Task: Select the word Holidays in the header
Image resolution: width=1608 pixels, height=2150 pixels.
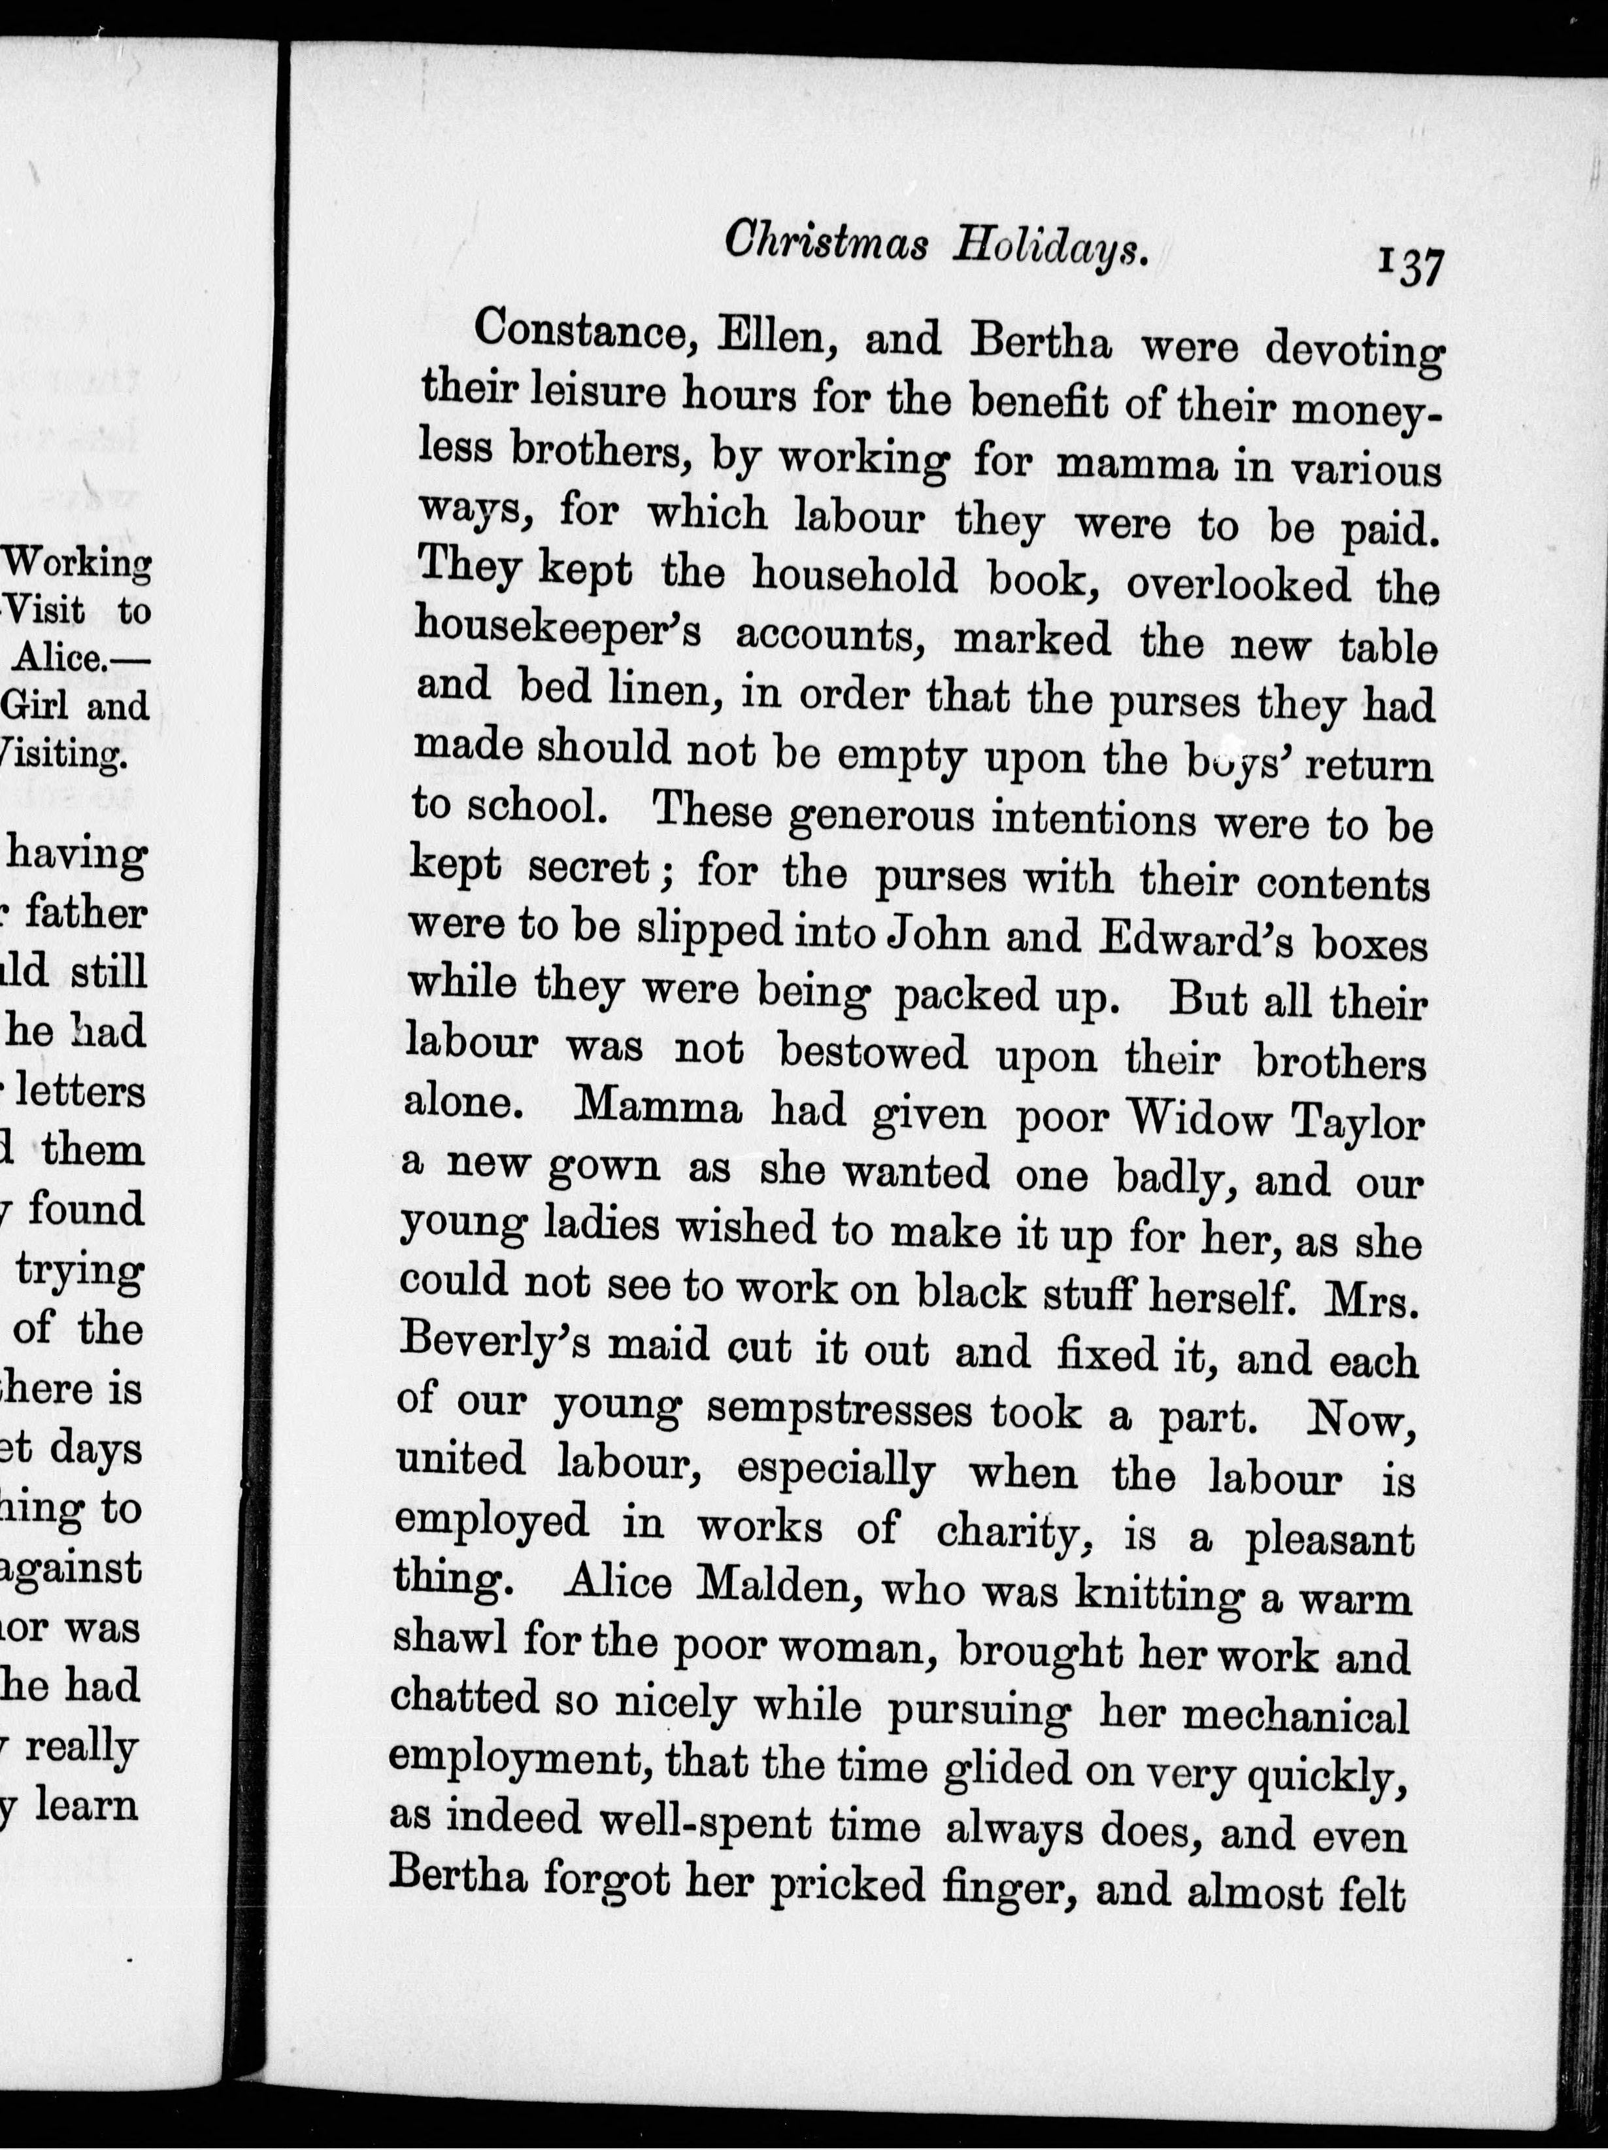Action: pos(1050,251)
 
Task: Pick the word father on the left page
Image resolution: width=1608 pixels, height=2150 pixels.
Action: pos(86,913)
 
